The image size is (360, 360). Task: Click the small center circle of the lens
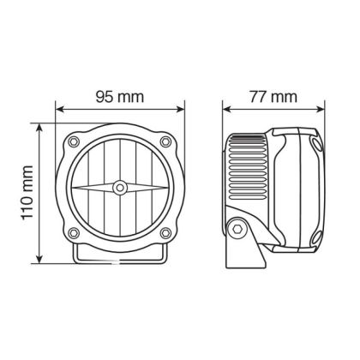[121, 186]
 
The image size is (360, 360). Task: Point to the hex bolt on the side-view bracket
[237, 228]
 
